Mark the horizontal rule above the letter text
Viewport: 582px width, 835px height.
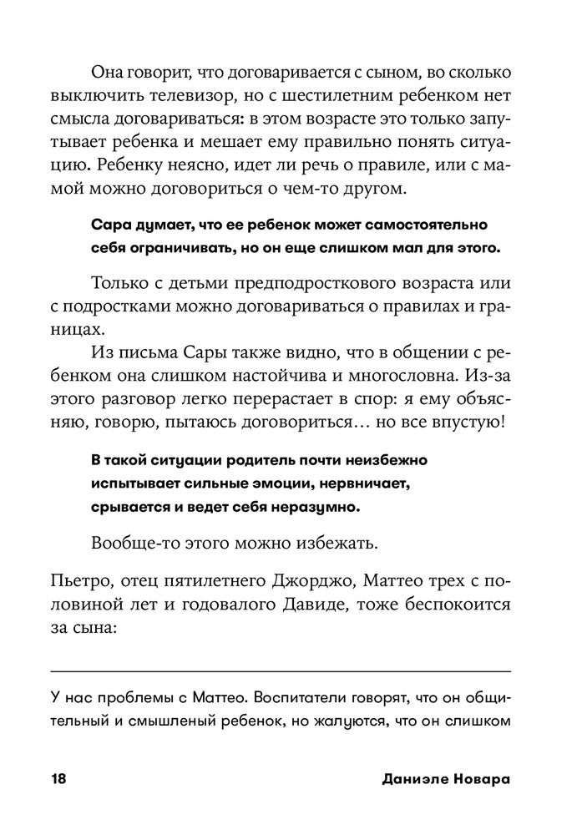click(x=281, y=671)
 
